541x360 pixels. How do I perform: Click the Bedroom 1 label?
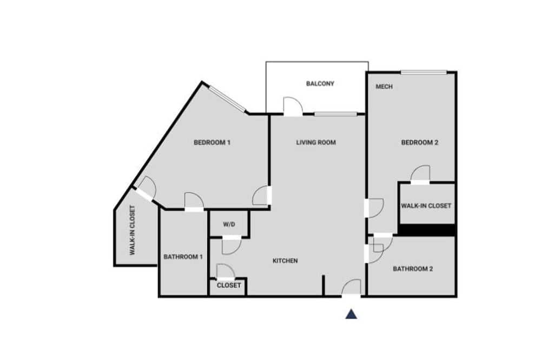212,142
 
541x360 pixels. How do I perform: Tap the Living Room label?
316,142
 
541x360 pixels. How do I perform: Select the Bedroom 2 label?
420,142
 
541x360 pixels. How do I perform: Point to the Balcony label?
320,83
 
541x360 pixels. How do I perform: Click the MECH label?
384,86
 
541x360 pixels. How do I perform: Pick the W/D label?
229,224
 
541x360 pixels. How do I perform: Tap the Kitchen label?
285,261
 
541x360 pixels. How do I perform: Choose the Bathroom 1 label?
183,257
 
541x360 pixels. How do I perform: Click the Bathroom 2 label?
413,269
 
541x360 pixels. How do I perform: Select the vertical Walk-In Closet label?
132,230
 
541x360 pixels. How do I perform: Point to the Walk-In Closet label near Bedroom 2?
426,206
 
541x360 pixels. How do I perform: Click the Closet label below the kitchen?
229,285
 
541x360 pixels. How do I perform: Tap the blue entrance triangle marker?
351,314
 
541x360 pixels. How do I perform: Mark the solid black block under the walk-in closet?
427,230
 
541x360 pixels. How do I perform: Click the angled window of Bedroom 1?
228,99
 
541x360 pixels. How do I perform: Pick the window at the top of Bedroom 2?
424,72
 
